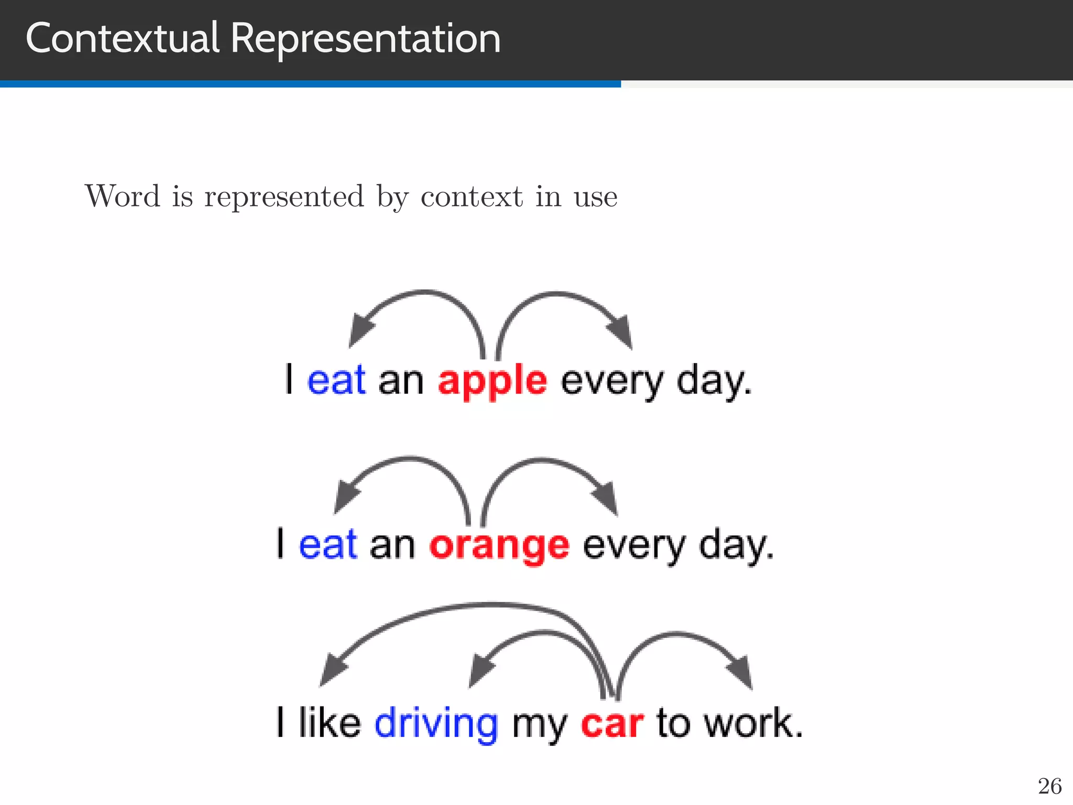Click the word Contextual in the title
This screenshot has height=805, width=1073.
click(122, 39)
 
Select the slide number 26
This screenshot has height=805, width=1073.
click(1049, 786)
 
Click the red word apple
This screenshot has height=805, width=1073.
click(492, 382)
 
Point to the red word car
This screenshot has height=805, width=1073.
click(611, 724)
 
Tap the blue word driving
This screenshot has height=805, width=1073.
click(436, 724)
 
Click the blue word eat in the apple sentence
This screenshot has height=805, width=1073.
click(336, 380)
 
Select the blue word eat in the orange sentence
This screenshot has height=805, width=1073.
click(328, 545)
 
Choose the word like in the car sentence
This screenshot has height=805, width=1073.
click(330, 723)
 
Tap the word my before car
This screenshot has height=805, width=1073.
click(539, 726)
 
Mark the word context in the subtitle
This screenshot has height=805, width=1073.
click(472, 197)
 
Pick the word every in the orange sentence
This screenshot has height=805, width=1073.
click(633, 547)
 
